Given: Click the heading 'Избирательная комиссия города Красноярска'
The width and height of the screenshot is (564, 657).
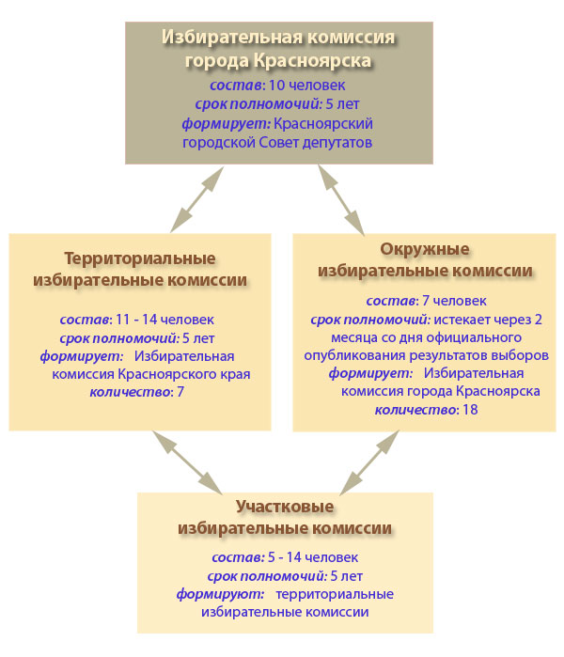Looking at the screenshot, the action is pos(278,49).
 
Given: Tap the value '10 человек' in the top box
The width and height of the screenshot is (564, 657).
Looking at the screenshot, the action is pos(306,85).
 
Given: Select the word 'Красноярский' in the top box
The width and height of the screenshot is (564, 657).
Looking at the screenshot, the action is pos(323,124).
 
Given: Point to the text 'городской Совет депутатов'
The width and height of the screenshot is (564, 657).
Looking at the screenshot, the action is pos(277,143).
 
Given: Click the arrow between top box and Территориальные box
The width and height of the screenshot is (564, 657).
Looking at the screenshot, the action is pos(197,199).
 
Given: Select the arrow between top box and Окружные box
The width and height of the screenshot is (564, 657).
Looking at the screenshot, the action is pos(341,200).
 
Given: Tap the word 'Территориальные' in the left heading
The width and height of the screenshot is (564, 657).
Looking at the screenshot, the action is pos(140,258).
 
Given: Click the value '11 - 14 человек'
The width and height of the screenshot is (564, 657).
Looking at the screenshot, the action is pos(164,320).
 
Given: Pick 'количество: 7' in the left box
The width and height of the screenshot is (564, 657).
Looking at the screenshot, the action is pos(137,392).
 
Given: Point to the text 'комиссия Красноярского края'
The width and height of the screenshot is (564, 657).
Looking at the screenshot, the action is pos(151,374).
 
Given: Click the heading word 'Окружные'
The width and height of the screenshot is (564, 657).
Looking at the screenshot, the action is pos(425,249).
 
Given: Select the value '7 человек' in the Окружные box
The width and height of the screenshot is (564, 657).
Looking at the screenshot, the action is pos(454,301).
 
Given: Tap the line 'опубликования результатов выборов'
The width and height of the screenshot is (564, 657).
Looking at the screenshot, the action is pos(426,355).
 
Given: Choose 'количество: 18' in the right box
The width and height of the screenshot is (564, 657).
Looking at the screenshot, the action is pos(426,410).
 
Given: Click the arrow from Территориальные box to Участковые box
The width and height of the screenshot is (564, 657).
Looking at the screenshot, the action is pos(187,462).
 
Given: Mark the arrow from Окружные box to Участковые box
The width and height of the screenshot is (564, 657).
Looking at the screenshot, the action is pos(369,462).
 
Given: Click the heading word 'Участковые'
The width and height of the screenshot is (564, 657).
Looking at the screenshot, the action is pos(285,507).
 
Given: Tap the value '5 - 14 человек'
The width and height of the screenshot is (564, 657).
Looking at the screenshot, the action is pos(313,557).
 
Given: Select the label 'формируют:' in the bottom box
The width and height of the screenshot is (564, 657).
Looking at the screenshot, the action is pos(220,594).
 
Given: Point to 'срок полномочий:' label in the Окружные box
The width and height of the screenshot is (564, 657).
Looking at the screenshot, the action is pos(370,320).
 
